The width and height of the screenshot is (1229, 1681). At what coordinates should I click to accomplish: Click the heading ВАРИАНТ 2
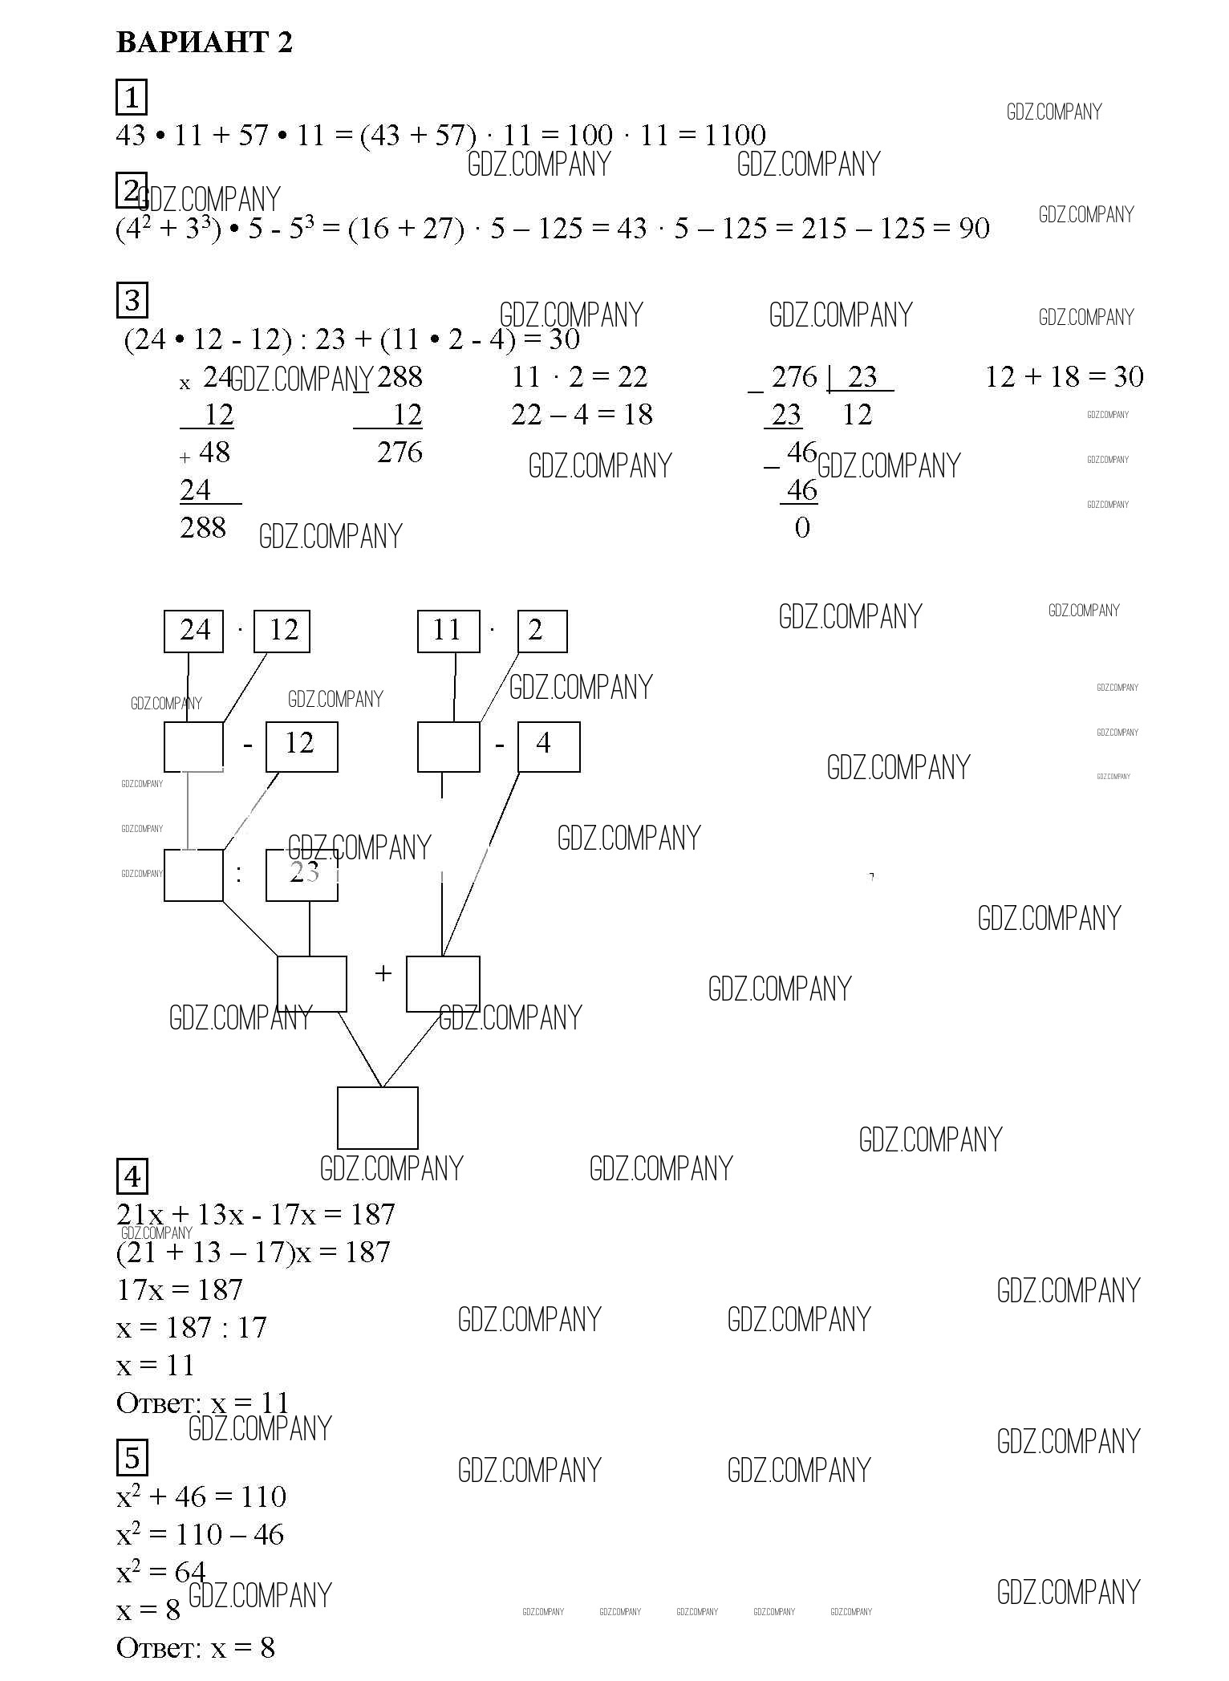(205, 42)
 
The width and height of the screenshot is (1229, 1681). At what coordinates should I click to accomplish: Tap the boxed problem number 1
(132, 97)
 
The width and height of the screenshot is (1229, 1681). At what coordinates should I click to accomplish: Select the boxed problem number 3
(132, 300)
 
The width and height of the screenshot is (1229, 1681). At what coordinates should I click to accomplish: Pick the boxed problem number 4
(132, 1176)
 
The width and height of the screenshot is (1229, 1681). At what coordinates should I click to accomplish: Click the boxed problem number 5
(132, 1458)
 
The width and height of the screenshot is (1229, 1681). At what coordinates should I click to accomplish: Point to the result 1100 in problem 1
(735, 135)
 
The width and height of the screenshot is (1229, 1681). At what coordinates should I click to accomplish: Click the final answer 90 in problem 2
(974, 229)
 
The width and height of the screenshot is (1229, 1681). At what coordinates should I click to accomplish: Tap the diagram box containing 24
(193, 631)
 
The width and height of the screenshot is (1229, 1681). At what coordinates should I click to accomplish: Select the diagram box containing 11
(448, 631)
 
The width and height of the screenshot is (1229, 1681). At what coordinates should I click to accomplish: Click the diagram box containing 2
(541, 631)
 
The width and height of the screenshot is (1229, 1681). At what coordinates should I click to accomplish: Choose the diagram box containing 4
(548, 746)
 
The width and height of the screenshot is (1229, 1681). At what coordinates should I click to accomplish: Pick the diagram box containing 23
(302, 875)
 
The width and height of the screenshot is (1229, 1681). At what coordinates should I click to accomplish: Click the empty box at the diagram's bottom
(377, 1118)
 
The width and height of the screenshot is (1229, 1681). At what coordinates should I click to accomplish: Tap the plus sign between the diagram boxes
(383, 974)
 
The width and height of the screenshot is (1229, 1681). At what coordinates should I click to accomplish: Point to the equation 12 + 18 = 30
(1064, 376)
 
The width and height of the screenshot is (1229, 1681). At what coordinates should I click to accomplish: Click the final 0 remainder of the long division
(802, 527)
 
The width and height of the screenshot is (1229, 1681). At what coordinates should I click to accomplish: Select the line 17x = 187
(180, 1289)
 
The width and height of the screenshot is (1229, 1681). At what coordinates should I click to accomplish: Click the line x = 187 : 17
(192, 1327)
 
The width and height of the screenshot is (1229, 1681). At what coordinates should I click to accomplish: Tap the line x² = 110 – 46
(200, 1534)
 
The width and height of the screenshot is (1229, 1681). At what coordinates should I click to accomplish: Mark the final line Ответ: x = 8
(196, 1647)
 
